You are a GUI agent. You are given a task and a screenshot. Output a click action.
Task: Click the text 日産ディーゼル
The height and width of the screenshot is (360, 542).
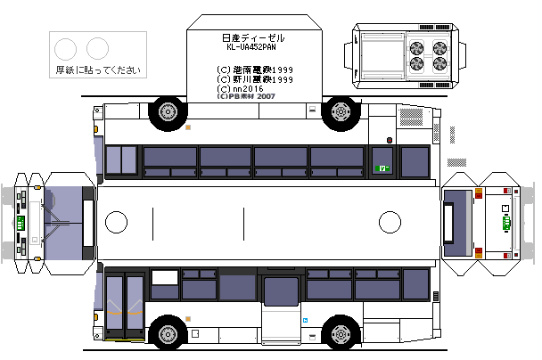[252, 38]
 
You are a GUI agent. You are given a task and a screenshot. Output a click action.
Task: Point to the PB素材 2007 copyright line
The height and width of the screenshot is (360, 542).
[246, 97]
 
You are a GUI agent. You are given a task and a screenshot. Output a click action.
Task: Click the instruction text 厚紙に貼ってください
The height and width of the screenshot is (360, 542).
[99, 70]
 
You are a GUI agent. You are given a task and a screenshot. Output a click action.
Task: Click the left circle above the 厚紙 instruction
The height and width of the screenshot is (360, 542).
[66, 48]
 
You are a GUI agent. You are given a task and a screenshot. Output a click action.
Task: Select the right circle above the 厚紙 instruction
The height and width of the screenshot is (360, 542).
[98, 48]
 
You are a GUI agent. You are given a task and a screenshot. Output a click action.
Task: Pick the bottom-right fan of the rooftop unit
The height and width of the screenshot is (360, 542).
[439, 64]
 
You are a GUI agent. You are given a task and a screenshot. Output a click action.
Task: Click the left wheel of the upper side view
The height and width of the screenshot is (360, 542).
[168, 112]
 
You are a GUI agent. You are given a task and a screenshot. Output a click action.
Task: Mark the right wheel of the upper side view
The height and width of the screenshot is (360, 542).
[340, 112]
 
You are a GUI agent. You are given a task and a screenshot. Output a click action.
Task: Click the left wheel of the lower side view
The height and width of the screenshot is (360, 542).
[168, 334]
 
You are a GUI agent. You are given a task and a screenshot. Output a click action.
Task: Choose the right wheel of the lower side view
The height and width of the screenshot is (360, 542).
[340, 334]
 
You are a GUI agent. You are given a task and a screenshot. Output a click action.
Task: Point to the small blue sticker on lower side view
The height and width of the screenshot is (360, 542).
[305, 320]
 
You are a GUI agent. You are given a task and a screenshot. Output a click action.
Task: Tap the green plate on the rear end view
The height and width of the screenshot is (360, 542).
[507, 224]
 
